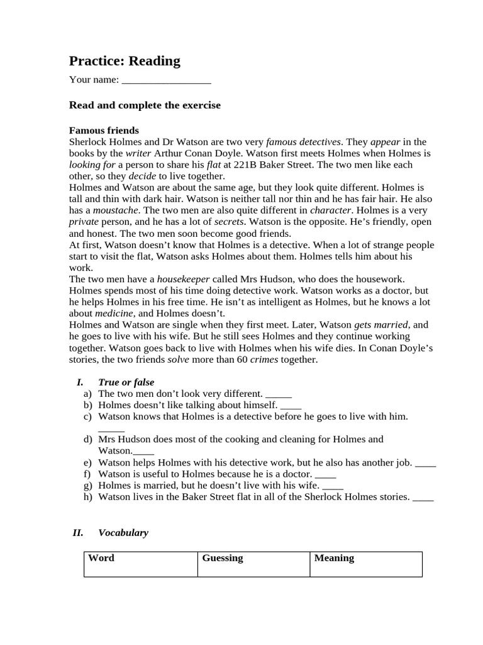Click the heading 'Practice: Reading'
coord(125,61)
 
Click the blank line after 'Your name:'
coord(166,81)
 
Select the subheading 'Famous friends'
coord(104,130)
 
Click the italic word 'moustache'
coord(116,210)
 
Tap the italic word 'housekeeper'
coord(184,278)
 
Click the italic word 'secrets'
coord(229,222)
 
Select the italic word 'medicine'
coord(114,313)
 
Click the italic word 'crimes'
coord(264,360)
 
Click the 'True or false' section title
coord(126,382)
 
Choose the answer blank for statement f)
coord(325,474)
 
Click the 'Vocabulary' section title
coord(123,533)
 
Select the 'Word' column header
coord(101,558)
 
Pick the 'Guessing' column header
coord(222,558)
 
